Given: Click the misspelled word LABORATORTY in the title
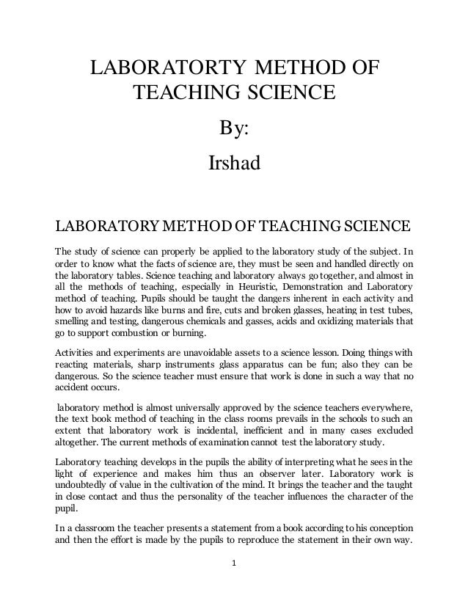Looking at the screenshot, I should (168, 70).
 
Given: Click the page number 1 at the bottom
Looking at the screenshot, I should (234, 585).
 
